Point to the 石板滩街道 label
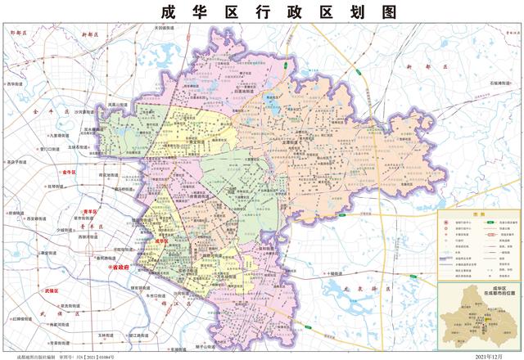(490, 82)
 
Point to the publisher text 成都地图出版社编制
(37, 355)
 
